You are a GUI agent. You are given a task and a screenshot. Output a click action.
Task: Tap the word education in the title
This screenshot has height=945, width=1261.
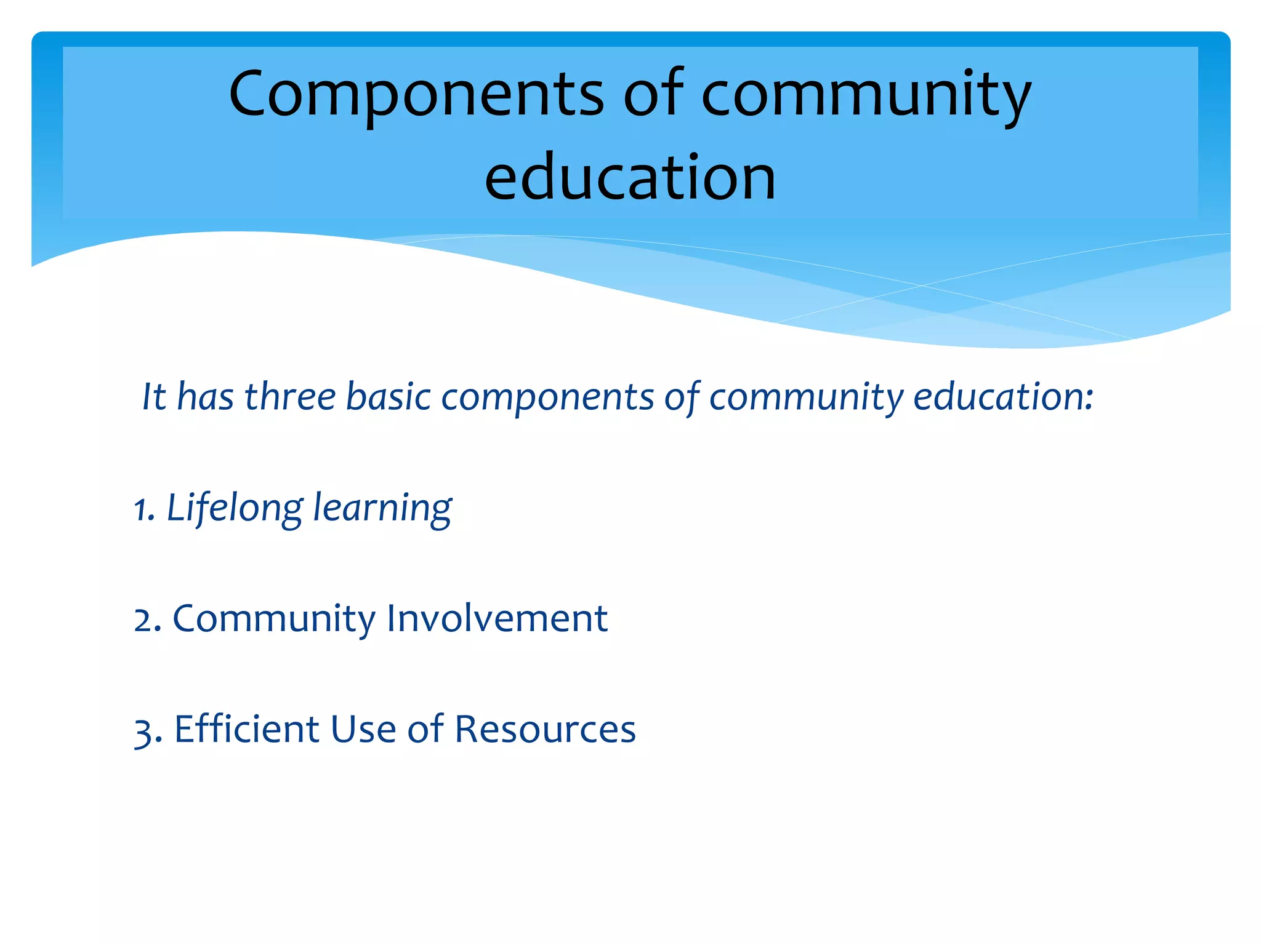(x=630, y=178)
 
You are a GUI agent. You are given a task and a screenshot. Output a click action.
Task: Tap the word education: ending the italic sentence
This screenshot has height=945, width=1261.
(x=1003, y=396)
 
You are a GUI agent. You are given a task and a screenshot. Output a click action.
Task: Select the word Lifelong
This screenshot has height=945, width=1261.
(x=235, y=509)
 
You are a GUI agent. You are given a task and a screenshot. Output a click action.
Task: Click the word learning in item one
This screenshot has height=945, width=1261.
(x=382, y=509)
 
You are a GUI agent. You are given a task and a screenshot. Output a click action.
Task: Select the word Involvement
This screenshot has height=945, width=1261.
(x=497, y=618)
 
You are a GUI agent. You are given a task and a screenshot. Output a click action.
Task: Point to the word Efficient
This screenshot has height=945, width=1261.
(x=246, y=729)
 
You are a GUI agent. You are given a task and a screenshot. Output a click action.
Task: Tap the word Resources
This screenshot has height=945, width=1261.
(x=545, y=730)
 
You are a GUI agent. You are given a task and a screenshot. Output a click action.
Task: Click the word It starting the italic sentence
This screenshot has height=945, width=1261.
(x=154, y=396)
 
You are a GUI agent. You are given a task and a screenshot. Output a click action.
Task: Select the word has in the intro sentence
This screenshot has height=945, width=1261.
(x=205, y=396)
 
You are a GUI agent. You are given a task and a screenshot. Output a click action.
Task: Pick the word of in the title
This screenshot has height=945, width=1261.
(x=653, y=94)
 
